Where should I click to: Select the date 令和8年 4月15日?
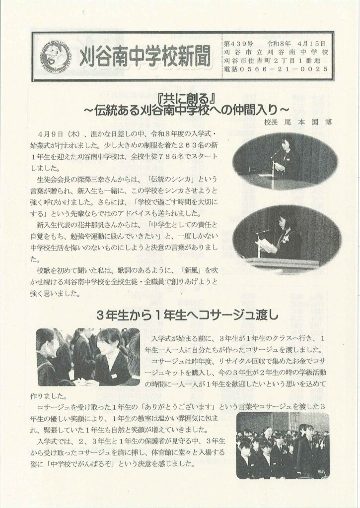tap(295, 44)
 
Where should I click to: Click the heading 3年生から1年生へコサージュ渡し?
tap(188, 315)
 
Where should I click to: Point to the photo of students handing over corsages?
tap(88, 357)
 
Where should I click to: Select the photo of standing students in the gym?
tap(283, 446)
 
